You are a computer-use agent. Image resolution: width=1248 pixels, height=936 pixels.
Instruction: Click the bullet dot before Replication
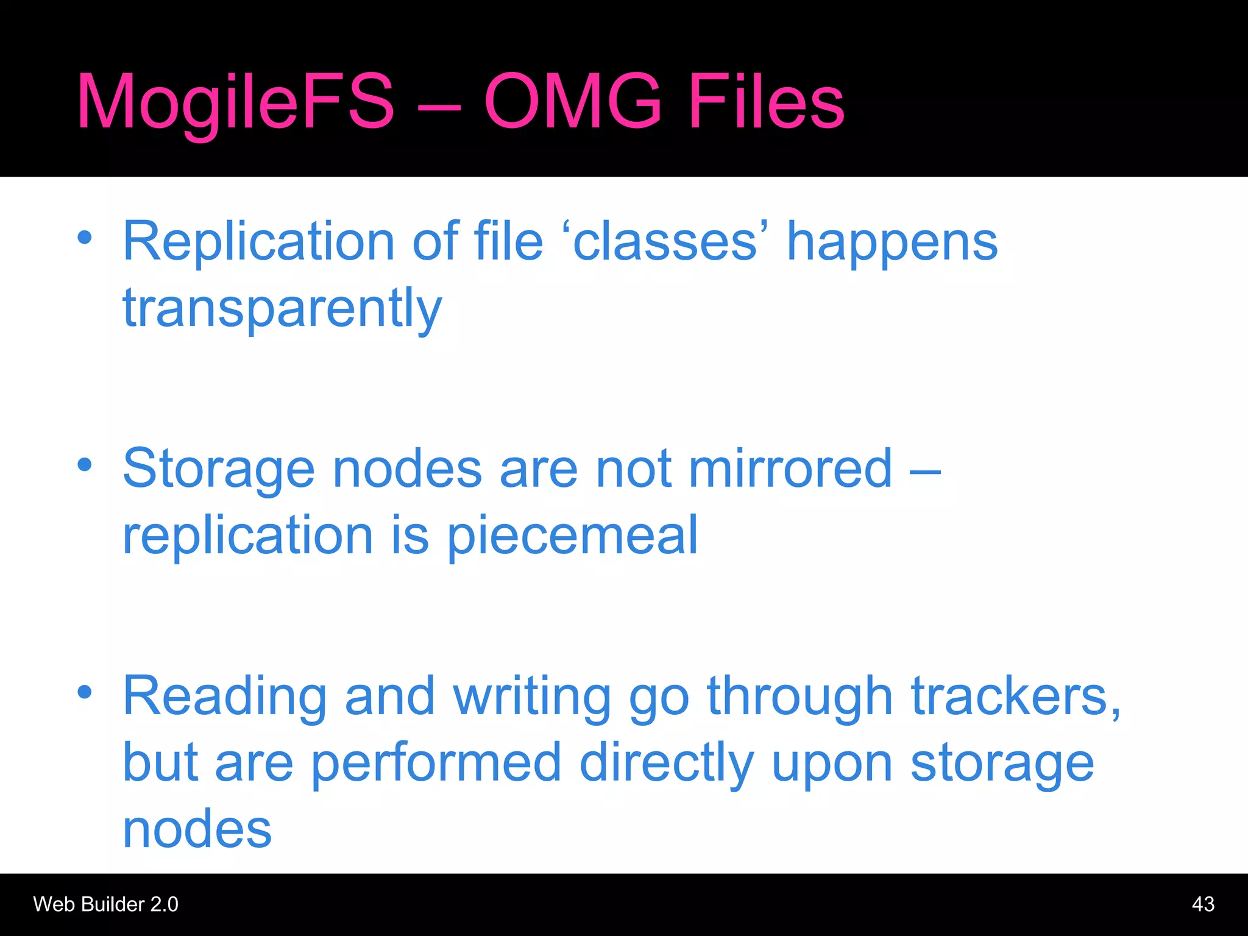pyautogui.click(x=85, y=238)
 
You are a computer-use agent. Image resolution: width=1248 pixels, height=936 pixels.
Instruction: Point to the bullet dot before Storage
pyautogui.click(x=85, y=466)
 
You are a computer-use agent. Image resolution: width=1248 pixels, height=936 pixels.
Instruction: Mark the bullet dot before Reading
pyautogui.click(x=85, y=692)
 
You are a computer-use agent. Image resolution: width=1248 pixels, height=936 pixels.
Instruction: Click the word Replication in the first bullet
pyautogui.click(x=259, y=241)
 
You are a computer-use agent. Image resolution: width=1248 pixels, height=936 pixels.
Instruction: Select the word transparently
pyautogui.click(x=282, y=308)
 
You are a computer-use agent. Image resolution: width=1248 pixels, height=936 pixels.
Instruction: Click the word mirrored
pyautogui.click(x=790, y=469)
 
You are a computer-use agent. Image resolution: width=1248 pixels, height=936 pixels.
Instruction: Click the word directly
pyautogui.click(x=667, y=764)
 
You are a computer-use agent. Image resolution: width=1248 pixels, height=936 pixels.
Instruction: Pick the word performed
pyautogui.click(x=436, y=764)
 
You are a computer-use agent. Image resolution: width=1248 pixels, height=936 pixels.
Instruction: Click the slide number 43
pyautogui.click(x=1202, y=904)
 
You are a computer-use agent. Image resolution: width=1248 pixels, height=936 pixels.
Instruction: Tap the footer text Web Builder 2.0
pyautogui.click(x=105, y=904)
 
